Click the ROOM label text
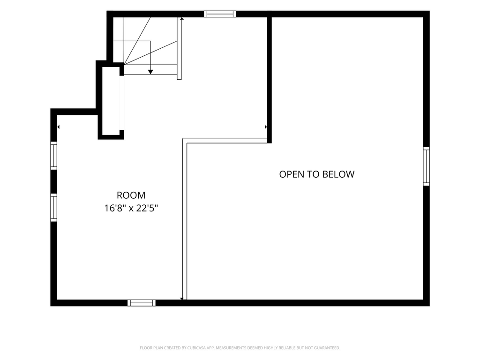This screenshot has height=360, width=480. tap(131, 195)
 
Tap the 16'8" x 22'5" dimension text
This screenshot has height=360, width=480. tap(131, 209)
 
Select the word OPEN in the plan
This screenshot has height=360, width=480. tap(292, 174)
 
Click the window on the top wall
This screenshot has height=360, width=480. tap(220, 14)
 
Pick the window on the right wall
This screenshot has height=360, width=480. tap(427, 166)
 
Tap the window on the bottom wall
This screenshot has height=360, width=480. tap(142, 303)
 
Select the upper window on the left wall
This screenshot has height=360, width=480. tap(53, 156)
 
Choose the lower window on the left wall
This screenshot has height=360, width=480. tap(53, 207)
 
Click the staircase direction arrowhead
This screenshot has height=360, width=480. tap(150, 72)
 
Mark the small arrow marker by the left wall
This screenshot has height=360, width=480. tap(58, 127)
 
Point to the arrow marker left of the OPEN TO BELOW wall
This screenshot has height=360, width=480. tap(266, 127)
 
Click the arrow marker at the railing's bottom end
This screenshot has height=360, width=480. tap(182, 299)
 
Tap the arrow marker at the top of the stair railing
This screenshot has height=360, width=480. tap(182, 19)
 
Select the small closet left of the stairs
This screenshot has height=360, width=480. tap(111, 101)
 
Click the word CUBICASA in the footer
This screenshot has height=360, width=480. tap(196, 348)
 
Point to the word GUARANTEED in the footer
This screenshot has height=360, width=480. tap(328, 348)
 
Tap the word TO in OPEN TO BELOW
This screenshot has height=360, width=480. tap(314, 174)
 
